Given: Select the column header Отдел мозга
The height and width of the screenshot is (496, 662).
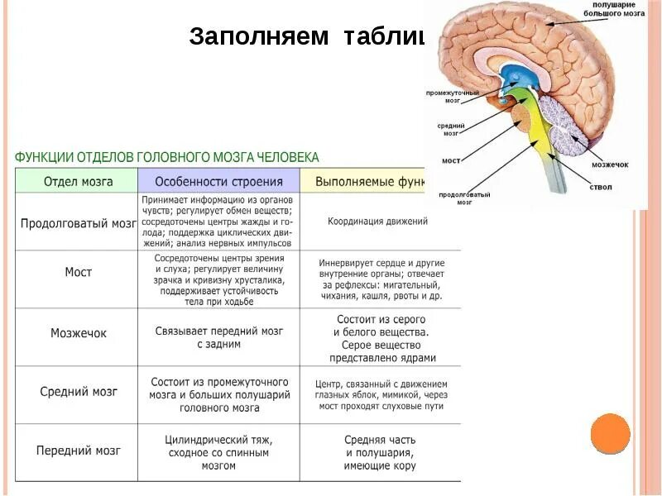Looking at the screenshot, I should (x=78, y=181).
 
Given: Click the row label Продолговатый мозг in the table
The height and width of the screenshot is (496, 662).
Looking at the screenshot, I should (x=78, y=223).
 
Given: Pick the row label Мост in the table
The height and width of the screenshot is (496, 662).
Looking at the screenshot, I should (x=78, y=272).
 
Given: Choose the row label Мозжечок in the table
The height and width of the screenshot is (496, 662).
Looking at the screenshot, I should (x=78, y=333).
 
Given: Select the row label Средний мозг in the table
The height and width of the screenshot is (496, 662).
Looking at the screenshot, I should (x=78, y=392).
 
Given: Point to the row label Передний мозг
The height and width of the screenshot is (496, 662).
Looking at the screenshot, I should (x=78, y=451).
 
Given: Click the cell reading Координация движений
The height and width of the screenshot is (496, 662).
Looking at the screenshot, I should (x=377, y=222).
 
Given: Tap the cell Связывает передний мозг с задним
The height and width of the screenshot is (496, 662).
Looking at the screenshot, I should (x=219, y=337).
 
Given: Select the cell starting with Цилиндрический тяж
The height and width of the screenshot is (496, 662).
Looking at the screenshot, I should (x=219, y=452).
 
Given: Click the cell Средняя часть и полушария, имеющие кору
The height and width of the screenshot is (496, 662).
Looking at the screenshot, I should (x=380, y=452).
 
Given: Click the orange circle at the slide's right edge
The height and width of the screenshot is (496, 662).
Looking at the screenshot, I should (x=611, y=433).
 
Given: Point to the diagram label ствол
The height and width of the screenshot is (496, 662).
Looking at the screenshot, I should (x=601, y=188).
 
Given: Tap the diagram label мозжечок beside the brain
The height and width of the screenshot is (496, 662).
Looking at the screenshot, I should (x=610, y=165).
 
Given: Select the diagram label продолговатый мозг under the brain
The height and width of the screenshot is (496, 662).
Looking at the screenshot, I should (x=453, y=198).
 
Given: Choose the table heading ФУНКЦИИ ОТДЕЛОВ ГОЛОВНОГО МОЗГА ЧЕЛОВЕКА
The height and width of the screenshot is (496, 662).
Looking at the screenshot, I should (x=166, y=157).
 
